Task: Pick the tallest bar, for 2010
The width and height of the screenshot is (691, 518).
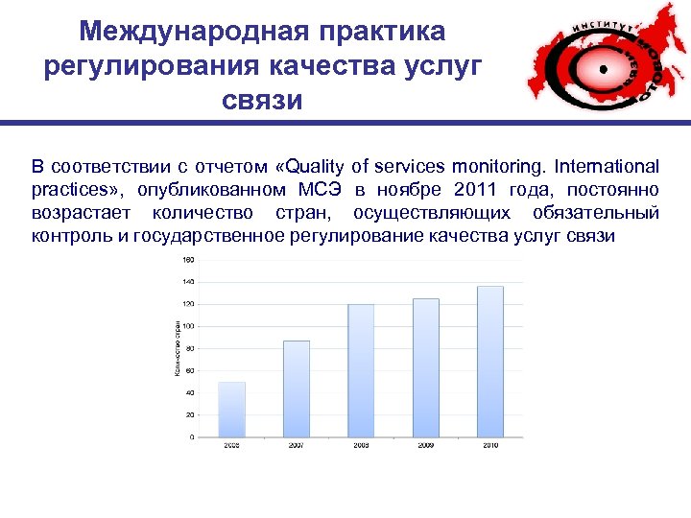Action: click(x=489, y=362)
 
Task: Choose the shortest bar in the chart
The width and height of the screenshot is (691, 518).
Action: click(x=232, y=410)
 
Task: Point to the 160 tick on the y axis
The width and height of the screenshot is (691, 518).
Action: click(x=187, y=259)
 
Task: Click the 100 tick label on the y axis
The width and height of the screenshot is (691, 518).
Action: click(x=187, y=326)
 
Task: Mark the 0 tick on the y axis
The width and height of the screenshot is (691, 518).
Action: click(x=191, y=437)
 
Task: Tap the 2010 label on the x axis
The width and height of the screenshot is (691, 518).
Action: click(x=489, y=446)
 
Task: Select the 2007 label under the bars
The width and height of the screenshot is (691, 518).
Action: click(x=297, y=446)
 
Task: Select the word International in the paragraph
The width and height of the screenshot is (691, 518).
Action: click(x=603, y=166)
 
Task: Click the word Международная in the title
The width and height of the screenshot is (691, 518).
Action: click(x=166, y=31)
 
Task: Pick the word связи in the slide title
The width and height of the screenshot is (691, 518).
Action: click(x=262, y=99)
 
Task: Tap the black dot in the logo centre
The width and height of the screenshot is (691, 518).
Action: click(x=604, y=69)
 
